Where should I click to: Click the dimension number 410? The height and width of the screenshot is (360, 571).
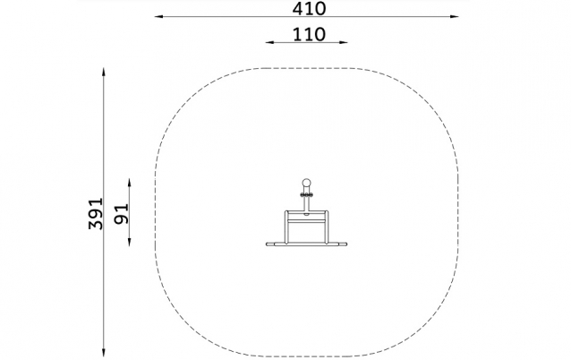309,8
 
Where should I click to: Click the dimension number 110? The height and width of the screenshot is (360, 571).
309,35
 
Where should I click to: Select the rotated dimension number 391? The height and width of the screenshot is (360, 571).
96,213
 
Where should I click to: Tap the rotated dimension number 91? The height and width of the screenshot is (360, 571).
122,213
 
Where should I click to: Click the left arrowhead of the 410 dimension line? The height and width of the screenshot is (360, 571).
159,16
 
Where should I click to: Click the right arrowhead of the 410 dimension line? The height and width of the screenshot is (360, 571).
454,16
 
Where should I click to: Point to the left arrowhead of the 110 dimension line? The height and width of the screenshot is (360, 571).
270,42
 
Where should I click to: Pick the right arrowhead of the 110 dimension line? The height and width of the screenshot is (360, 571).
343,42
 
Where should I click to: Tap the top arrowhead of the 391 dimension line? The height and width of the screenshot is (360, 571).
104,73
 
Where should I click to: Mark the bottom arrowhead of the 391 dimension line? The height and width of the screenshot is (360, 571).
104,352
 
